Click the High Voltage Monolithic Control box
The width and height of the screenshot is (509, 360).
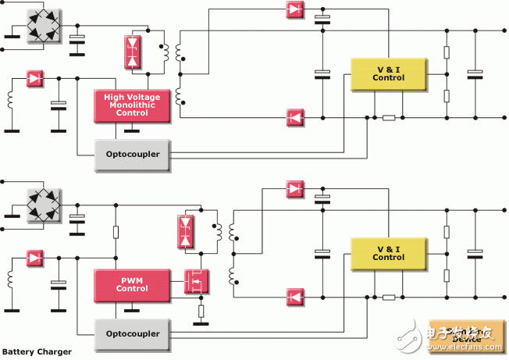[131, 106]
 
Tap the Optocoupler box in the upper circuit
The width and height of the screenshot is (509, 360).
[132, 153]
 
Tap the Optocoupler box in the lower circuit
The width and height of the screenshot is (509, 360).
[132, 333]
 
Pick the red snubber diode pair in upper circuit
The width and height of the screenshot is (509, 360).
[132, 50]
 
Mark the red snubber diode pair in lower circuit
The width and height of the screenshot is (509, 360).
[186, 230]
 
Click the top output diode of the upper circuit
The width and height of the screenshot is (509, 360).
[294, 10]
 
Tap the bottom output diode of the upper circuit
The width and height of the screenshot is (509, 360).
[294, 118]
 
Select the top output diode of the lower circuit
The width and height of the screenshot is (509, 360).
[294, 188]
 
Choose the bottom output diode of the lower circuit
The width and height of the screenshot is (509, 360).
[294, 297]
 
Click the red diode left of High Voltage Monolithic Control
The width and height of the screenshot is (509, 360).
[35, 78]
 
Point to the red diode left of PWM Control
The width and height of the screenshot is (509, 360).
[35, 257]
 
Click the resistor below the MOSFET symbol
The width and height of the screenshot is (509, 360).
[201, 312]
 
